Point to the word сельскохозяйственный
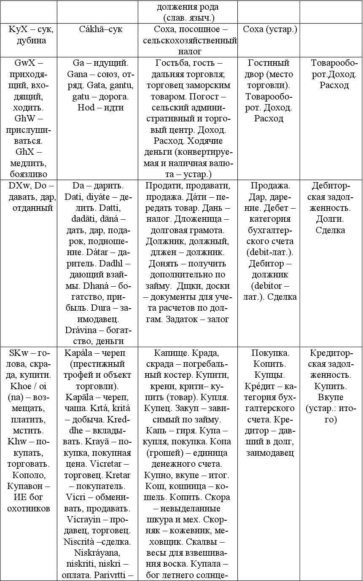pyautogui.click(x=190, y=41)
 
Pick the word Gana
pyautogui.click(x=77, y=74)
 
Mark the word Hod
pyautogui.click(x=86, y=108)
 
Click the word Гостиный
pyautogui.click(x=269, y=63)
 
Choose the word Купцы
pyautogui.click(x=269, y=375)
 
